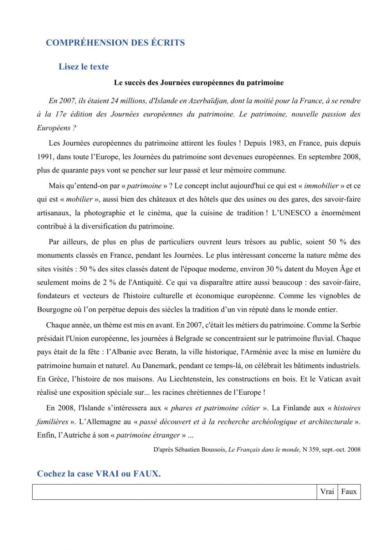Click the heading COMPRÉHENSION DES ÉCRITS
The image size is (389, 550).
coord(115,43)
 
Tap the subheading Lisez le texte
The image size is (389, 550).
coord(84,67)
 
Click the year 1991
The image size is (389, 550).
coord(45,157)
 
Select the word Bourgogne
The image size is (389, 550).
coord(53,310)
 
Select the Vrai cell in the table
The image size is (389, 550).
coord(327,492)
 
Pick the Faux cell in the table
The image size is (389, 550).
coord(349,492)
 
